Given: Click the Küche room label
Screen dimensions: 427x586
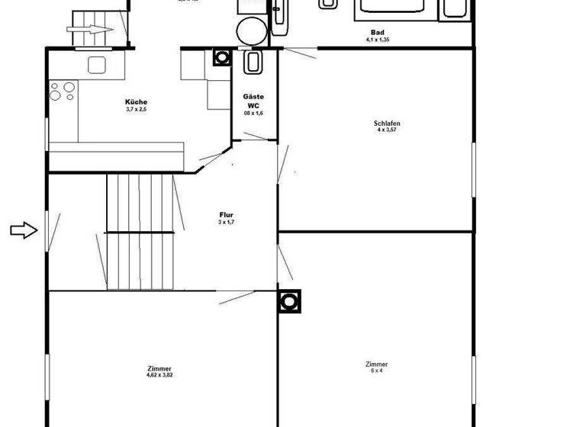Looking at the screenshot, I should [x=136, y=102].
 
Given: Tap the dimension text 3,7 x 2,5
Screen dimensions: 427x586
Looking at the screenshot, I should [x=136, y=110].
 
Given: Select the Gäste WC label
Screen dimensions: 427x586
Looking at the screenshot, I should [x=253, y=101].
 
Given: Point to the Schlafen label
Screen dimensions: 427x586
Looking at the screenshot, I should [x=388, y=124].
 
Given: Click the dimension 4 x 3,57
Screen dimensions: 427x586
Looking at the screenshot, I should [x=388, y=130].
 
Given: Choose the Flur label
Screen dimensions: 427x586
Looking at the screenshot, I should [x=226, y=215].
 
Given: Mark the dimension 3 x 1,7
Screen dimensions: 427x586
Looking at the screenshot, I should [x=226, y=222].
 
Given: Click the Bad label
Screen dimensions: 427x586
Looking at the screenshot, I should [x=377, y=33].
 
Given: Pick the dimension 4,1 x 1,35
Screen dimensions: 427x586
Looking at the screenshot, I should [x=377, y=40].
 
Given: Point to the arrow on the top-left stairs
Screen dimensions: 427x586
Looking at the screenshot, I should [x=90, y=31].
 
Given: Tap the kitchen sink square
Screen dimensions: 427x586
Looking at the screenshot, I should [x=96, y=65].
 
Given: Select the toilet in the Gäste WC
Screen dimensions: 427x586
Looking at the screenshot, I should [x=253, y=61].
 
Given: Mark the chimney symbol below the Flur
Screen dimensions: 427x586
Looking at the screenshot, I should [x=289, y=301].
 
